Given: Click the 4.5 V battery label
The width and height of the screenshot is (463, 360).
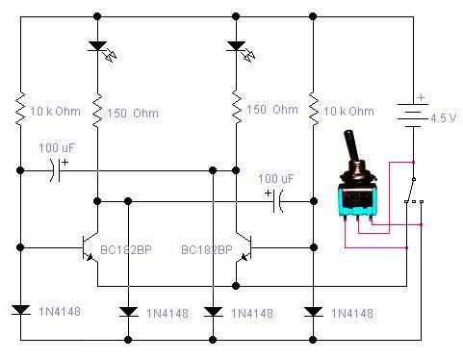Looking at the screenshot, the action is tap(444, 118).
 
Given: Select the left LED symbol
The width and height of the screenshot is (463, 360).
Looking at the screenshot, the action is tap(101, 50).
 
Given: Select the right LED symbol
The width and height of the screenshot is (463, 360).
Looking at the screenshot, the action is tap(241, 50).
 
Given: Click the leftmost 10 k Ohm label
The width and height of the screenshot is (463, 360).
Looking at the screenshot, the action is tap(55, 112).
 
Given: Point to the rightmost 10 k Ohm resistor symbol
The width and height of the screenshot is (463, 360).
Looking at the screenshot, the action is tap(313, 109).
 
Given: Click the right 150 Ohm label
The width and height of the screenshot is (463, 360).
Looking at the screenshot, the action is tap(272, 110).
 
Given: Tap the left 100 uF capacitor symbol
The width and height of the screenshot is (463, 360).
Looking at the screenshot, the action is tap(55, 170).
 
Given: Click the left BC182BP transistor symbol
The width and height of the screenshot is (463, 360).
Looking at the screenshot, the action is tap(90, 247).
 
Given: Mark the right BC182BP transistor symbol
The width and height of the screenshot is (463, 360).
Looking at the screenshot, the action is tap(244, 247).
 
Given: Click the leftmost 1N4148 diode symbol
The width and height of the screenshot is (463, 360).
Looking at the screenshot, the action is tap(20, 310).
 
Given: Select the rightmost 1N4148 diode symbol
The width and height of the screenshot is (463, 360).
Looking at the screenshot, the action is tap(313, 312).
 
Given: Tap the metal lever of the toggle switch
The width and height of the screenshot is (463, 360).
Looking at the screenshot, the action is tap(350, 145).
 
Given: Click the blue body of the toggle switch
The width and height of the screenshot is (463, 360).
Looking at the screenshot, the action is tap(357, 202).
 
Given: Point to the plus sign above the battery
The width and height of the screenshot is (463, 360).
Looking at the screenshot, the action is tap(422, 97).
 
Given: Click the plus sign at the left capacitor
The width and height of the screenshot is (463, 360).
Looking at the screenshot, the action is tap(65, 163).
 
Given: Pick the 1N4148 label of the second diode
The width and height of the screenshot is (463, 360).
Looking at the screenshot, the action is tap(167, 314).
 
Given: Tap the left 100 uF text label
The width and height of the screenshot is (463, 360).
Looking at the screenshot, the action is tap(56, 148).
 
